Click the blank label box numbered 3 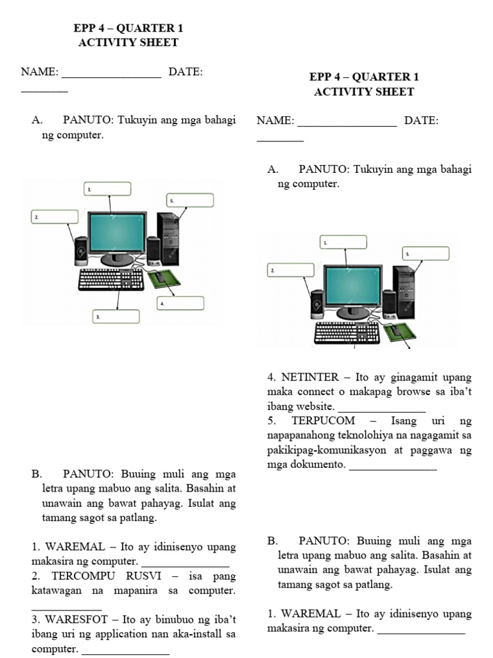click(116, 317)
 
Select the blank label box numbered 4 click(181, 303)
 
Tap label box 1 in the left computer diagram click(108, 189)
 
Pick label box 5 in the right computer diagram click(425, 254)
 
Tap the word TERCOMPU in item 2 click(80, 576)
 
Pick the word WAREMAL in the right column click(311, 614)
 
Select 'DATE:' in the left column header click(186, 72)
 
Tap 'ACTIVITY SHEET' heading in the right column click(364, 92)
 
